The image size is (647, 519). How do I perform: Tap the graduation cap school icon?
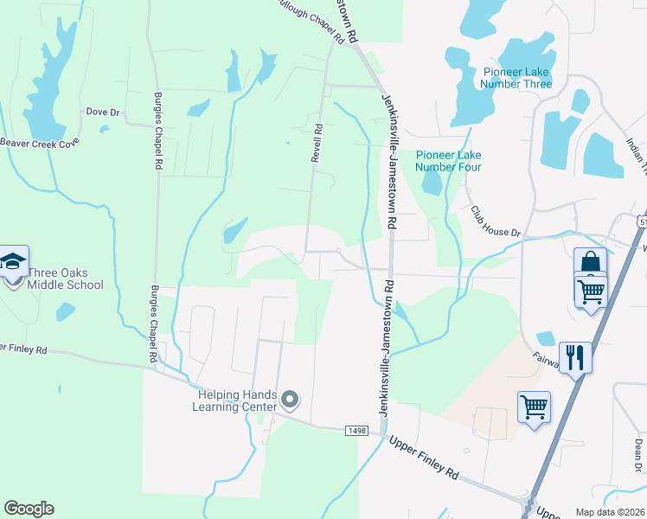[x=13, y=262]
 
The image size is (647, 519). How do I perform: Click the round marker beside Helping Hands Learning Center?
[x=290, y=400]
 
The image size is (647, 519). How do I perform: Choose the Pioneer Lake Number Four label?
[x=448, y=161]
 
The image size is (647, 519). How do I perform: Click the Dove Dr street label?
[x=103, y=112]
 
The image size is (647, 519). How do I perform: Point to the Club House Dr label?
[x=496, y=221]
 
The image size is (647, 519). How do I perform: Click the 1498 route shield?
[x=356, y=431]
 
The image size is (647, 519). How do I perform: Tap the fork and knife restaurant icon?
[x=575, y=356]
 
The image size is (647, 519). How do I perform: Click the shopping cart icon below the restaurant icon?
[x=534, y=405]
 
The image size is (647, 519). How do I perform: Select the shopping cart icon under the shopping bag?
[x=591, y=291]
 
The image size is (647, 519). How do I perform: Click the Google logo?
[x=29, y=509]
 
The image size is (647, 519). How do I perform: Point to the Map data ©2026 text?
[x=610, y=512]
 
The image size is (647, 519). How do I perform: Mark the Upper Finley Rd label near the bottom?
[x=423, y=458]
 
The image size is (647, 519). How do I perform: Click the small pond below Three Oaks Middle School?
[x=66, y=311]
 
